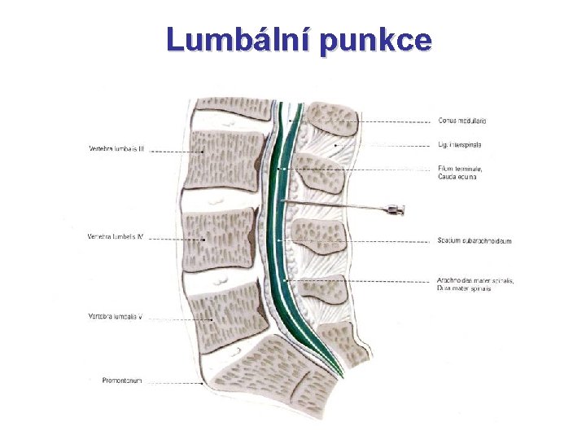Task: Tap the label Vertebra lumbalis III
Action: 116,148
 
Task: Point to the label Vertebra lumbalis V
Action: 116,316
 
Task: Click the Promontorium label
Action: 122,380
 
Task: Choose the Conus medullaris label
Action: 461,121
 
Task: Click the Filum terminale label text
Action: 459,169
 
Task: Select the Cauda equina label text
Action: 457,177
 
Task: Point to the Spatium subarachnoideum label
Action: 474,240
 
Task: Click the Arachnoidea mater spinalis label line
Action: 475,280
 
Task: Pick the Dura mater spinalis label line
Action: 464,288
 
